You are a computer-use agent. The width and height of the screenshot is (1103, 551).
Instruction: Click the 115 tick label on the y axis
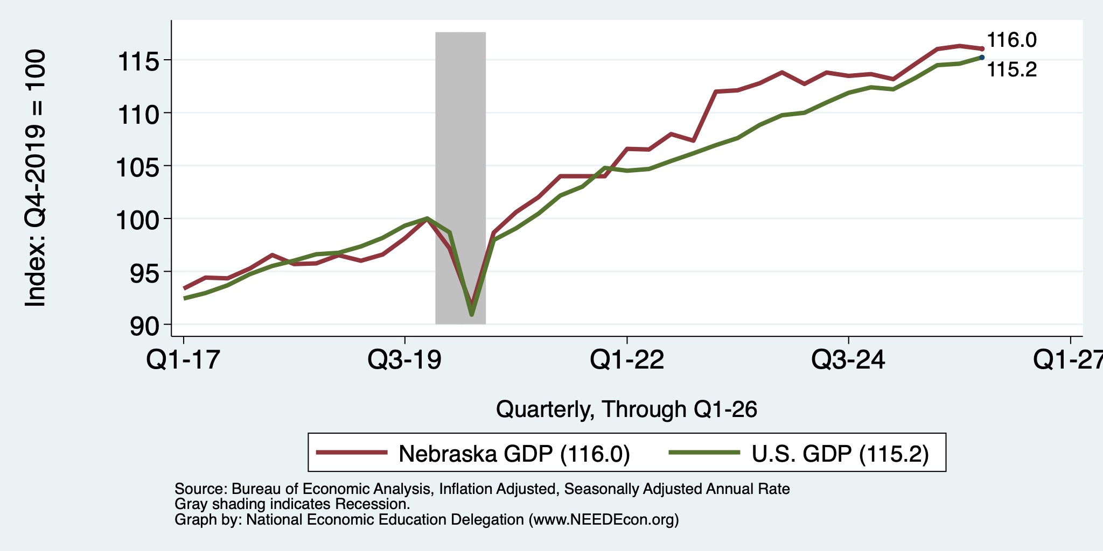pos(138,61)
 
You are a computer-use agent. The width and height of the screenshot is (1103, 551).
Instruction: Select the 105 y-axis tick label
pos(138,166)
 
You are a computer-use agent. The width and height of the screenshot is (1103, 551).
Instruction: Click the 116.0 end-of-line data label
pos(1011,40)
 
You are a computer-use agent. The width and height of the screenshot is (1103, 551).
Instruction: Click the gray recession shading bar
pos(460,178)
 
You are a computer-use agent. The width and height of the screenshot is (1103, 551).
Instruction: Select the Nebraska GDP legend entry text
pos(514,454)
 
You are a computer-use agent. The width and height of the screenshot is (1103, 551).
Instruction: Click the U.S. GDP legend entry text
pos(840,454)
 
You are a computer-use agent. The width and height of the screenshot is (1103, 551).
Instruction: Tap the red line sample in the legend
pos(352,453)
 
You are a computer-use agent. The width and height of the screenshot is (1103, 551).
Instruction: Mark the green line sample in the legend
pos(704,453)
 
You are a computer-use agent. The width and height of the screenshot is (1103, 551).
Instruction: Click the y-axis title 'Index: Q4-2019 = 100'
pos(36,178)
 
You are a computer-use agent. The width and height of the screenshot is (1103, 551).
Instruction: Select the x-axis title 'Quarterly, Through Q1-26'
pos(626,409)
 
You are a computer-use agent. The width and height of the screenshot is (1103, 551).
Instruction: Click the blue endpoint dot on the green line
pos(982,58)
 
